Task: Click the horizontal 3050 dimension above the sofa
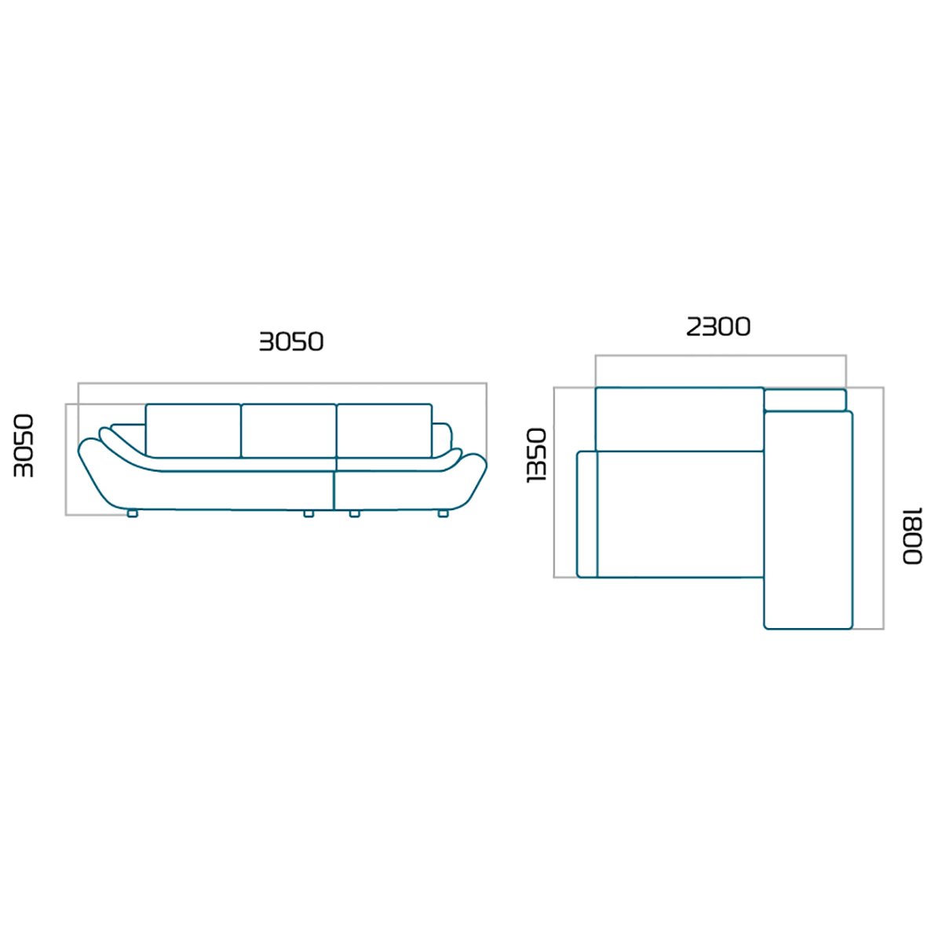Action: click(x=291, y=341)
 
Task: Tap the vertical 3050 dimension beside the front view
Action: click(x=24, y=446)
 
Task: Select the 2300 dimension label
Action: click(x=718, y=327)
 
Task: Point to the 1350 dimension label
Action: click(x=535, y=455)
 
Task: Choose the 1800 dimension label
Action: click(x=911, y=536)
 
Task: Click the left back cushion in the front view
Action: click(x=193, y=431)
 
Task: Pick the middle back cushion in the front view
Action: click(x=289, y=431)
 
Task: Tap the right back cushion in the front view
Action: click(x=384, y=431)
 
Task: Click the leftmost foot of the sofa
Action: click(x=132, y=513)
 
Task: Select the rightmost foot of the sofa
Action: click(x=443, y=513)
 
